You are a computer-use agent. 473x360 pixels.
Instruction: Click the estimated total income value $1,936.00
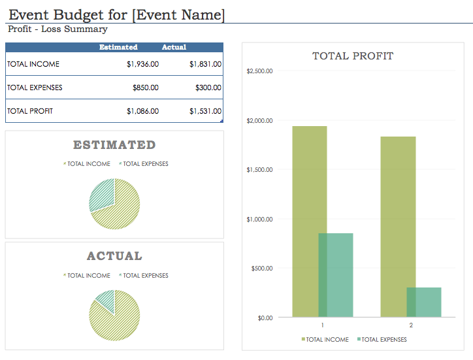coord(142,64)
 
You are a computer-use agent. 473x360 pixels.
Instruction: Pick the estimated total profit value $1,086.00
coord(142,111)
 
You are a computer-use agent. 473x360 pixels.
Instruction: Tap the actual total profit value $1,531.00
coord(205,111)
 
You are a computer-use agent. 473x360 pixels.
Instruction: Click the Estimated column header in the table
coord(118,47)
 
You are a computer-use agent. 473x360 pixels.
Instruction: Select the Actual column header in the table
coord(174,47)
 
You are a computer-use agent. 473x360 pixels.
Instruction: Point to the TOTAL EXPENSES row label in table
coord(35,88)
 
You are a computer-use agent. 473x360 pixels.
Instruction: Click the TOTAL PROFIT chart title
coord(353,56)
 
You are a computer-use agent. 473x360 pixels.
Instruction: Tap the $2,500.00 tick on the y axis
coord(259,71)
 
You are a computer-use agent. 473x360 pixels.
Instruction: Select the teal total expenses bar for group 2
coord(424,302)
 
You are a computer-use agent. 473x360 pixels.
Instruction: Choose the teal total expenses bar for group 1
coord(336,274)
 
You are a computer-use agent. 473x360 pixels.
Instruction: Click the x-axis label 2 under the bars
coord(411,325)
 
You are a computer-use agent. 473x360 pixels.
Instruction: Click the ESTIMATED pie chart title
coord(114,145)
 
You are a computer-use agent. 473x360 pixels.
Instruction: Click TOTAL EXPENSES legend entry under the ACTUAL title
coord(145,276)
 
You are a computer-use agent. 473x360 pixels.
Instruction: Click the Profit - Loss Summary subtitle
coord(57,29)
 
